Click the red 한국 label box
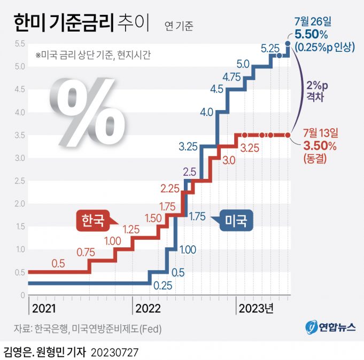(x=93, y=219)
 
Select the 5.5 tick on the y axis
(x=20, y=44)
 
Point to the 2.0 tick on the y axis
(x=20, y=204)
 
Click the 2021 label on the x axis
(x=43, y=309)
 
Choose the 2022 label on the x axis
(x=149, y=309)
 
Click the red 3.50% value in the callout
(x=320, y=146)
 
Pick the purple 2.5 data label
(x=190, y=171)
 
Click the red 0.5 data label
(x=58, y=263)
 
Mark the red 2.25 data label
(x=170, y=188)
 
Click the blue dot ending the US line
(x=288, y=44)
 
